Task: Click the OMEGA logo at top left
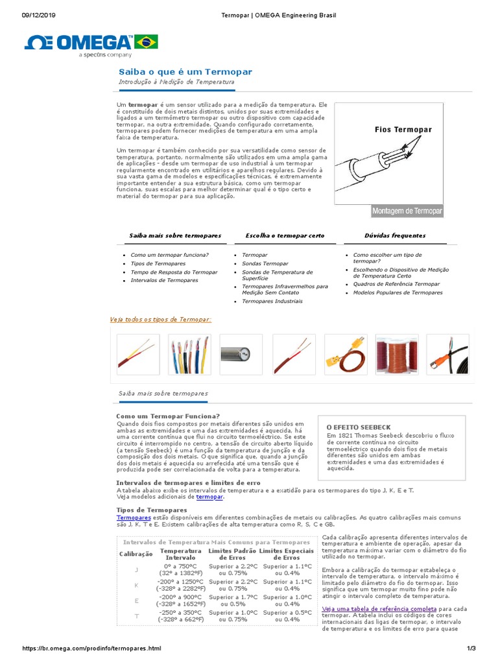78,43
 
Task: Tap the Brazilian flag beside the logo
146,42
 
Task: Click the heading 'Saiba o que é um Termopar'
185,72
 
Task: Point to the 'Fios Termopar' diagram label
403,130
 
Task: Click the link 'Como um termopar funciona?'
169,255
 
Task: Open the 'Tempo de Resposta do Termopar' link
174,272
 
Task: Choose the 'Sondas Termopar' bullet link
265,264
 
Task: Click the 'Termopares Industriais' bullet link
272,301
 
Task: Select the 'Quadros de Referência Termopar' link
396,284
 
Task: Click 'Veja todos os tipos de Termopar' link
161,320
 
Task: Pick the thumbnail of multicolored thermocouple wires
189,355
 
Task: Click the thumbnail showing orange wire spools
397,355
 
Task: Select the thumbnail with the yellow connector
345,355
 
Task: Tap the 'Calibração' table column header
136,554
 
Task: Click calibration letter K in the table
136,585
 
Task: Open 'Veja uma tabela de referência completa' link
379,610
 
